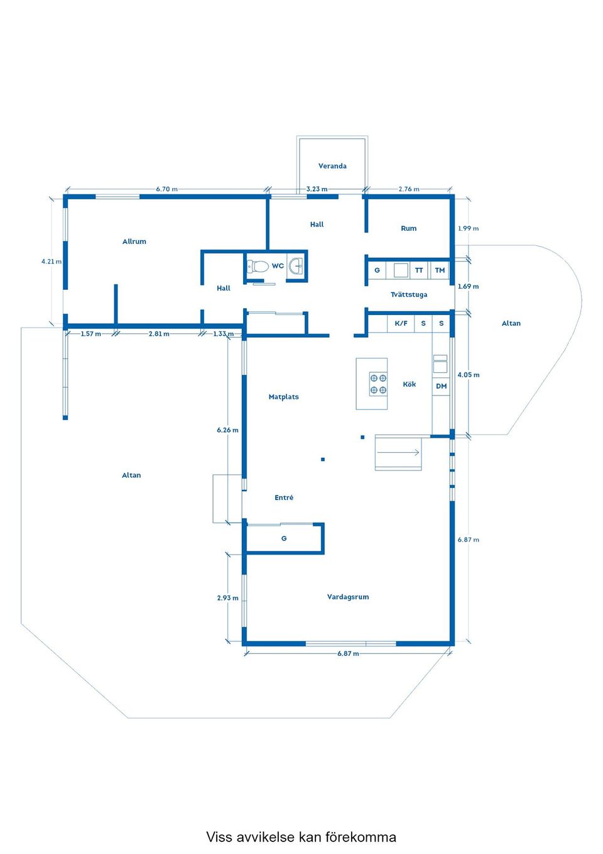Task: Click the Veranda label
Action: (x=332, y=166)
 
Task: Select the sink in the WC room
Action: (x=295, y=265)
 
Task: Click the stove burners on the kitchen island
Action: (x=378, y=384)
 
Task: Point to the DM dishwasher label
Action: (x=441, y=386)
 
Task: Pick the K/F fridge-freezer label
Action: (x=401, y=323)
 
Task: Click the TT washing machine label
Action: (x=419, y=270)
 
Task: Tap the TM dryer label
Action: (x=440, y=270)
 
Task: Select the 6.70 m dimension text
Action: (x=166, y=189)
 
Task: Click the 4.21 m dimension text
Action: (x=52, y=262)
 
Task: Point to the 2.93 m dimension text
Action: (x=227, y=598)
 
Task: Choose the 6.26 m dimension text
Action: (x=227, y=430)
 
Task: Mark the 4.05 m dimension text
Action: (x=468, y=375)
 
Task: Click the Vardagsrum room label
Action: (x=348, y=597)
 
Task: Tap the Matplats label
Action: (x=284, y=397)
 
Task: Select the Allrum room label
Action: (x=134, y=241)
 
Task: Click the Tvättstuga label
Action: (x=409, y=294)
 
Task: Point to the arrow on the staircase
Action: (x=398, y=453)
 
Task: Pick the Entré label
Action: (x=284, y=497)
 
